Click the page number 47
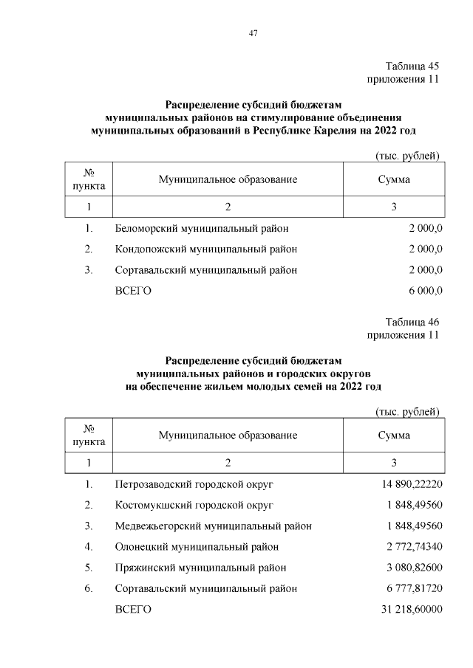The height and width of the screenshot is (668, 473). point(252,32)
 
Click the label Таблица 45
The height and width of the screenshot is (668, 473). point(412,66)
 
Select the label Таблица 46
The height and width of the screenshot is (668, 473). point(412,322)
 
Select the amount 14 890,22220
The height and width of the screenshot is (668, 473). point(409,484)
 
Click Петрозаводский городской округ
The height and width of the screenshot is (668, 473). point(194,484)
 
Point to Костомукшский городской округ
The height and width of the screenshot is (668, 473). point(194,505)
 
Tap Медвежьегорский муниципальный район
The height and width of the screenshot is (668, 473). point(213,526)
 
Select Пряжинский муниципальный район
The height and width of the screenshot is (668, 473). point(200,568)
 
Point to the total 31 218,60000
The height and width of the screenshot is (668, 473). point(409,610)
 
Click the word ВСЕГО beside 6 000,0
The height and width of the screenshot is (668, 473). point(133,291)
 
